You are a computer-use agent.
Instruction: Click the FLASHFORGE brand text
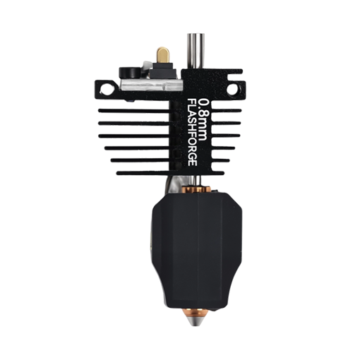(x=192, y=132)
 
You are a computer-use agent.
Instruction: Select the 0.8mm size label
(x=203, y=120)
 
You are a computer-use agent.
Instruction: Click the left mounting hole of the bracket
(x=107, y=89)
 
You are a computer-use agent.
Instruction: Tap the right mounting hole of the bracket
(x=232, y=89)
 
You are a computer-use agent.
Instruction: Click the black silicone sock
(x=197, y=250)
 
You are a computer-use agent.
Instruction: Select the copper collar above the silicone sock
(x=196, y=189)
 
